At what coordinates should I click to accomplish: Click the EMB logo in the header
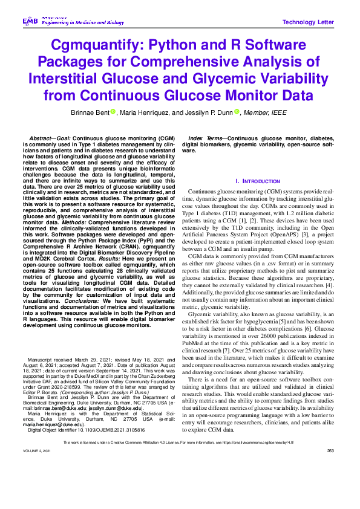click(x=30, y=21)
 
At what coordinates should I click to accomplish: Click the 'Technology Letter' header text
click(x=308, y=22)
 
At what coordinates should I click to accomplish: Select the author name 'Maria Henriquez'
click(x=156, y=112)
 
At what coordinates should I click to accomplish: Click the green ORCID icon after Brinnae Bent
click(x=113, y=111)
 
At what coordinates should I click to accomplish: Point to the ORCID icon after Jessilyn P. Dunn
click(x=237, y=111)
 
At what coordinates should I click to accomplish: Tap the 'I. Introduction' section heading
click(x=257, y=181)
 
